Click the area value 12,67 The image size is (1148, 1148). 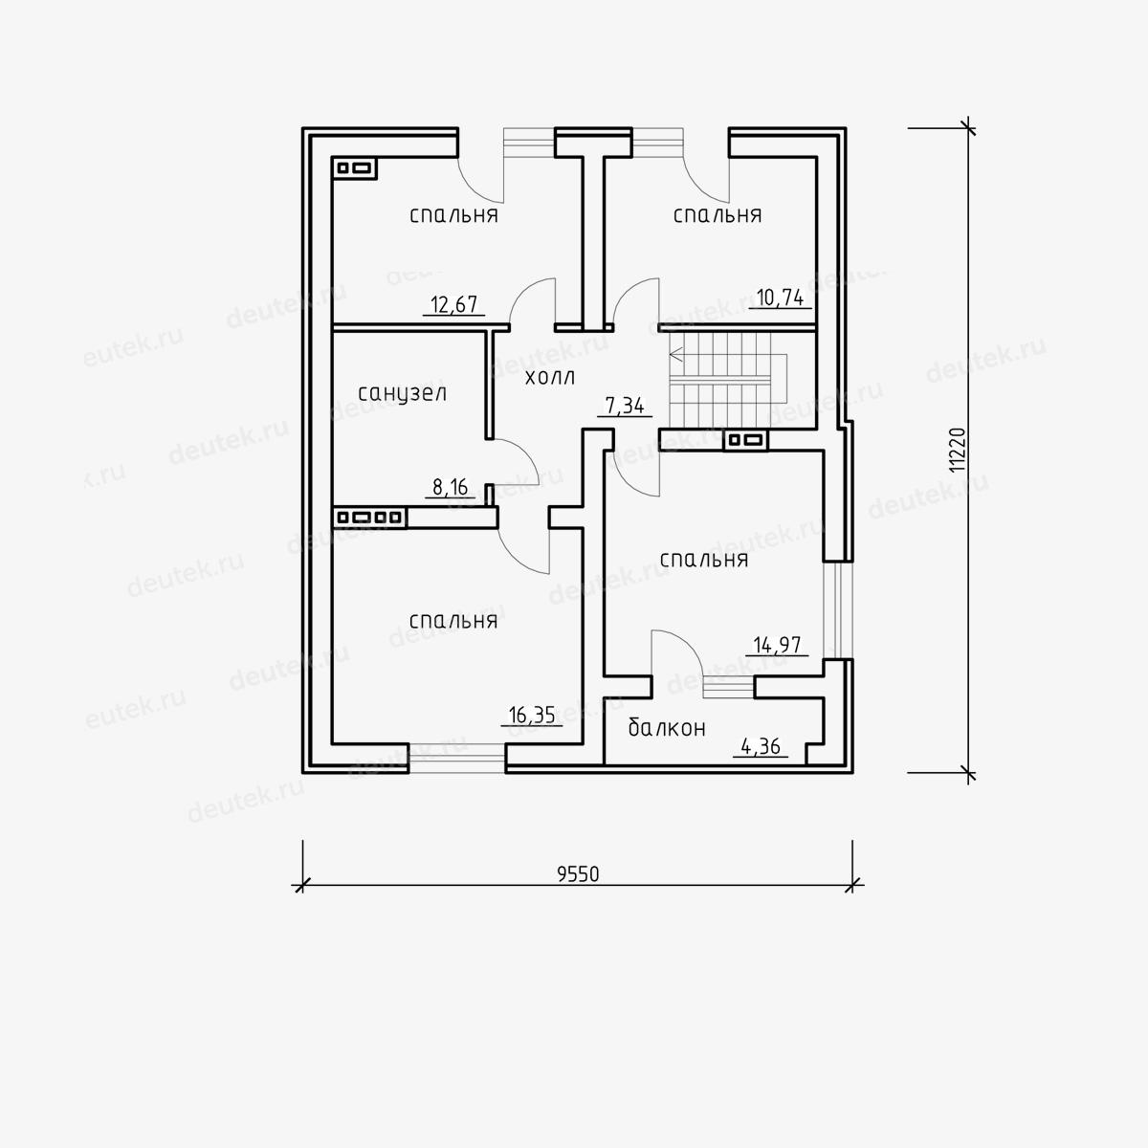[x=454, y=304]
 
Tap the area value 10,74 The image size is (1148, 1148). [x=780, y=298]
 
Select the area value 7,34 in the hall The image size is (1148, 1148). [x=625, y=406]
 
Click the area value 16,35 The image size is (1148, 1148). [x=531, y=715]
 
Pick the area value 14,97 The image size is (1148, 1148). [x=778, y=645]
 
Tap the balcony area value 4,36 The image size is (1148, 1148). [x=761, y=746]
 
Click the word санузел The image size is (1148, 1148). [x=403, y=394]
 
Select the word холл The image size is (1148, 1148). [x=550, y=378]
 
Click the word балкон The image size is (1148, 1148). [x=667, y=727]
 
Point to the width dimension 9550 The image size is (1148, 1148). [x=578, y=874]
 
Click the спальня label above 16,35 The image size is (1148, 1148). [x=453, y=622]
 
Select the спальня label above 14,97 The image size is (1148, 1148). [x=704, y=560]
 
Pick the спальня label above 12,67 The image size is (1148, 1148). [x=454, y=215]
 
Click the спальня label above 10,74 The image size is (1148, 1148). [x=717, y=215]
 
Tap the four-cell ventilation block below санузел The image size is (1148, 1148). [x=370, y=518]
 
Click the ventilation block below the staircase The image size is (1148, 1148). [x=746, y=440]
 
